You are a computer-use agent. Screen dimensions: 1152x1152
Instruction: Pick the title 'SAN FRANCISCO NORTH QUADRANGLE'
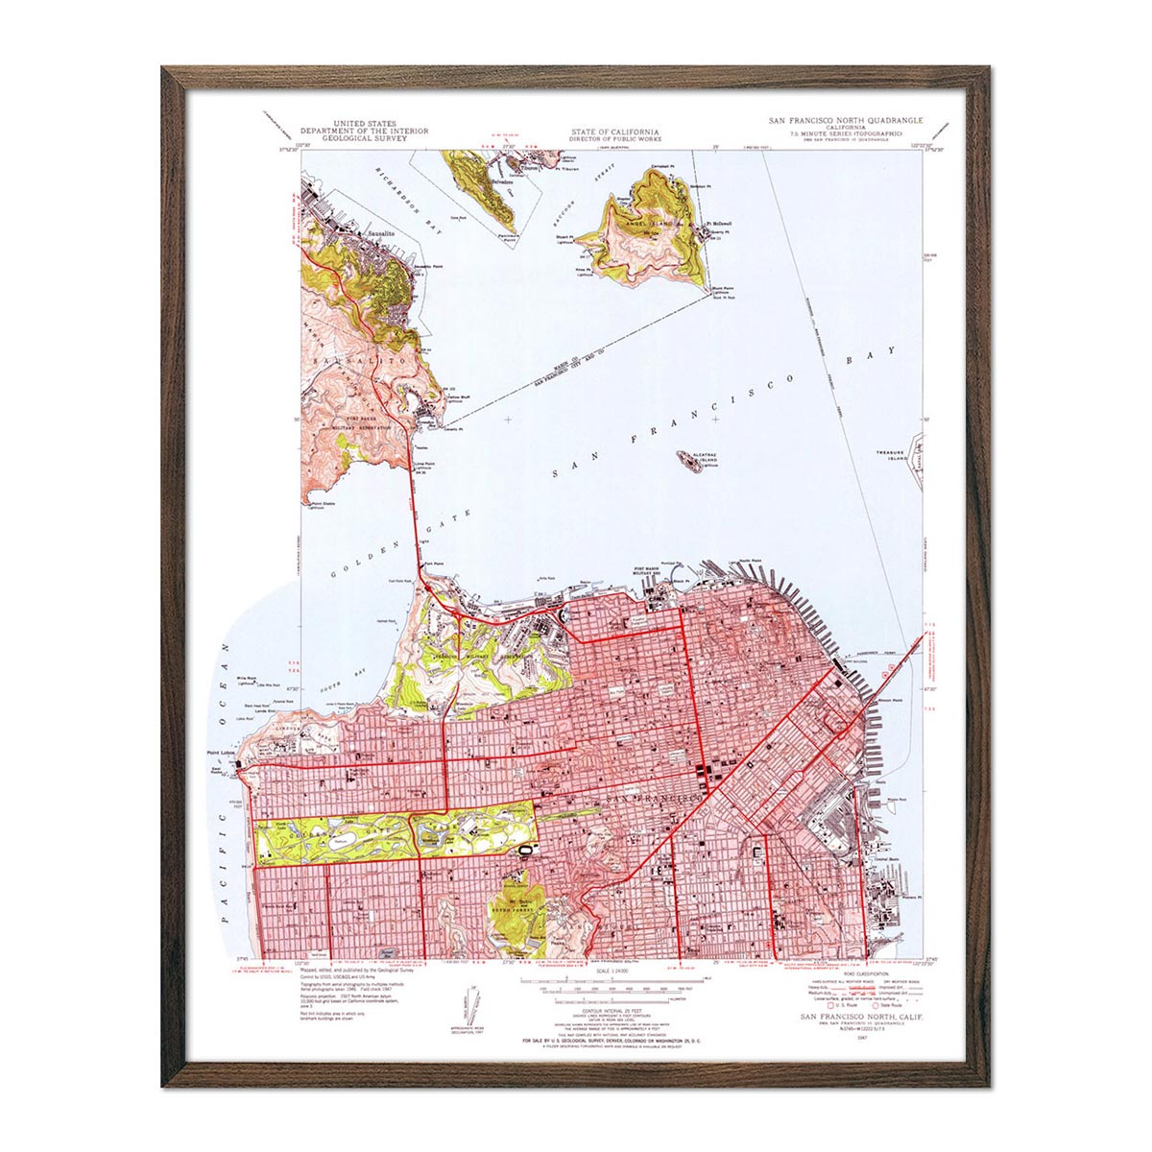click(845, 121)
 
